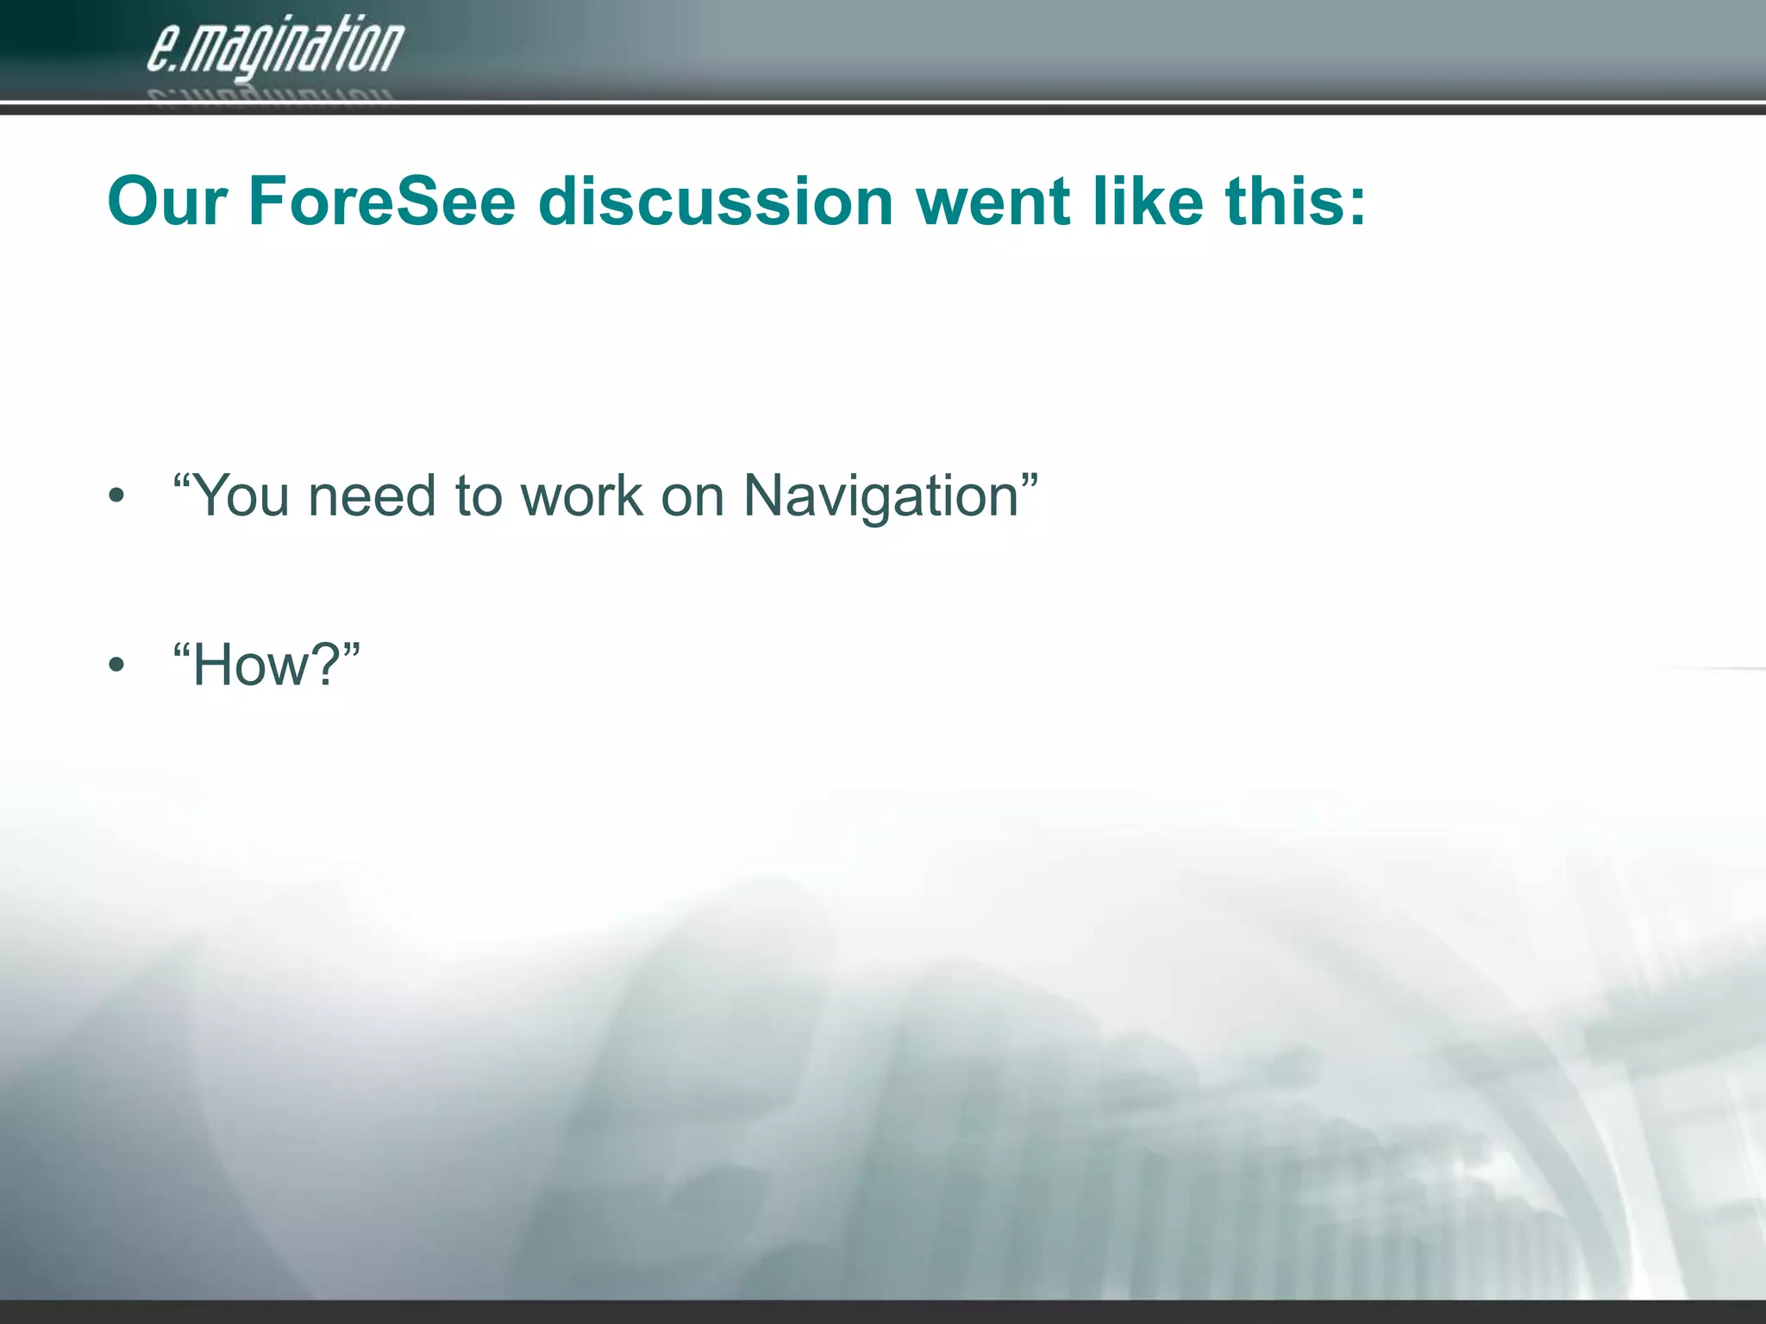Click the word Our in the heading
[167, 202]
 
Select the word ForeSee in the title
[382, 202]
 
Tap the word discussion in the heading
[716, 202]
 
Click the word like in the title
[1147, 202]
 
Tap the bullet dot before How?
[117, 665]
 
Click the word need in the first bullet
[372, 496]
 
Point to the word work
[582, 496]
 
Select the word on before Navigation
[692, 498]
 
